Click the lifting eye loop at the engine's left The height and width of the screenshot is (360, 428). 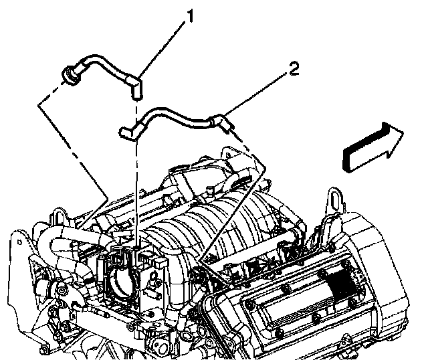(60, 217)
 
